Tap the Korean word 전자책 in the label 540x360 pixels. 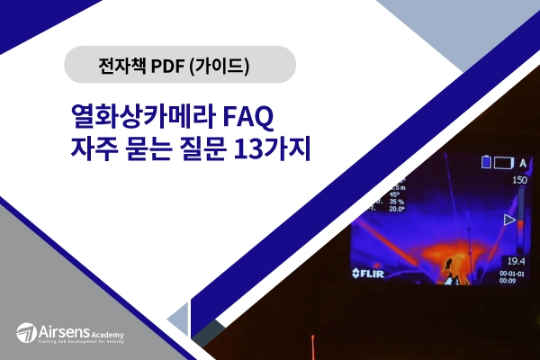(122, 65)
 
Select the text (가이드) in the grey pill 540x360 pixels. (222, 65)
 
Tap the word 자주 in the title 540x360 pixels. (93, 148)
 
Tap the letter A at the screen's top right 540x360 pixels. (524, 162)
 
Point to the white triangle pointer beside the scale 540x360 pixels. (509, 219)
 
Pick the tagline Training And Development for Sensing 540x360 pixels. (80, 344)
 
